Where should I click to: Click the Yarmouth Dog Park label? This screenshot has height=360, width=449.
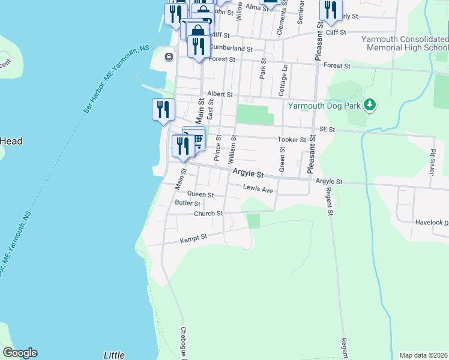[x=325, y=106]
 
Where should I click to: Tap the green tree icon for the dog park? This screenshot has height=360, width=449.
[x=370, y=106]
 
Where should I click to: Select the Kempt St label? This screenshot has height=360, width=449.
[x=193, y=238]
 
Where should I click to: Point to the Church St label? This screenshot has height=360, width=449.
[x=208, y=214]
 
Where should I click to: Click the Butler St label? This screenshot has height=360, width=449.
[x=187, y=203]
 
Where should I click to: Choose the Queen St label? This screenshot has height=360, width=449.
[x=200, y=194]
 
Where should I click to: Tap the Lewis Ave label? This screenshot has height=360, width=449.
[x=258, y=188]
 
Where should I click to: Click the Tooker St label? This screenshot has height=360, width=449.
[x=292, y=140]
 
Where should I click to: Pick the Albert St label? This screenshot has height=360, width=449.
[x=219, y=94]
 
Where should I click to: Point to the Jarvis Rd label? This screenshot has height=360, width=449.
[x=433, y=160]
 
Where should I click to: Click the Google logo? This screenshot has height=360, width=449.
[x=20, y=353]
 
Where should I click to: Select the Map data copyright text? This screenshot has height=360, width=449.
[x=423, y=355]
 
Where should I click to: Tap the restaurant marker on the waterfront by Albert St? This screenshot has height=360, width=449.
[x=163, y=110]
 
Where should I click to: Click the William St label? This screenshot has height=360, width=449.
[x=233, y=150]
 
